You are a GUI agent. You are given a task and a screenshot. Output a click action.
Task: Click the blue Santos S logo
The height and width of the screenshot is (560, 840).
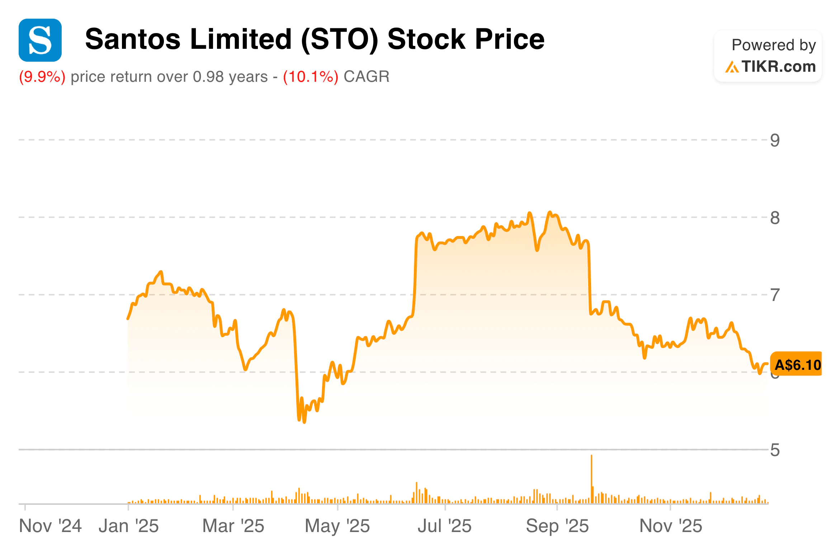(40, 40)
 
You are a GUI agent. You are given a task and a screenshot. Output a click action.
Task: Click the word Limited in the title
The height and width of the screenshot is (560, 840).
(241, 39)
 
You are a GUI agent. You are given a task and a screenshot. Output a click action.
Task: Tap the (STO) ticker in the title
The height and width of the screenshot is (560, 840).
(340, 39)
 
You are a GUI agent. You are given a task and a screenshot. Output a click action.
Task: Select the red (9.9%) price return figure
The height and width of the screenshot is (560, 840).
(42, 77)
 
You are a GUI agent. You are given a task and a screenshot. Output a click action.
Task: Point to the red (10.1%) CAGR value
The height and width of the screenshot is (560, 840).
(311, 77)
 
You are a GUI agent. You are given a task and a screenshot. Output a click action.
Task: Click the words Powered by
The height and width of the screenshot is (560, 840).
(774, 45)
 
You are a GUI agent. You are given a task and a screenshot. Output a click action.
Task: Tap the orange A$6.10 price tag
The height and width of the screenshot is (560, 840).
(797, 364)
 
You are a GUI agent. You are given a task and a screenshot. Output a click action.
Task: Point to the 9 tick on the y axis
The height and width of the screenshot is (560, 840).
(775, 140)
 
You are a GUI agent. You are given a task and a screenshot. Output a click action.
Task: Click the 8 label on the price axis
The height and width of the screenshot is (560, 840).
(775, 218)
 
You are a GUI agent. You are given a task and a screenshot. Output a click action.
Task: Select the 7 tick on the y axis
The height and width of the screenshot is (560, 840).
(775, 295)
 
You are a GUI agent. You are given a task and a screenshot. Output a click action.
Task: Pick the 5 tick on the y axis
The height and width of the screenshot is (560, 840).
(775, 450)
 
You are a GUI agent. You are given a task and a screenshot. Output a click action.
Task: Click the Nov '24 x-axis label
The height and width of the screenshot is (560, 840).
(50, 526)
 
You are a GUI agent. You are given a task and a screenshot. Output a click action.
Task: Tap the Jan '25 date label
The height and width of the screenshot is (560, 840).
(128, 526)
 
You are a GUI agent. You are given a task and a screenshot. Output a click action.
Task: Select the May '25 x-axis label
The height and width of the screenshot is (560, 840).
(337, 526)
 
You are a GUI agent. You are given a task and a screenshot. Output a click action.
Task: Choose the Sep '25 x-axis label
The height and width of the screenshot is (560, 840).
(557, 526)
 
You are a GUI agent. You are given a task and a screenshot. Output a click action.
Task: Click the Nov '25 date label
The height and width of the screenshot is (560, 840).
(671, 526)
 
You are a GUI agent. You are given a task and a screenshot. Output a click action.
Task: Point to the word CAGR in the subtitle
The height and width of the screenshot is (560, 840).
(366, 77)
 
